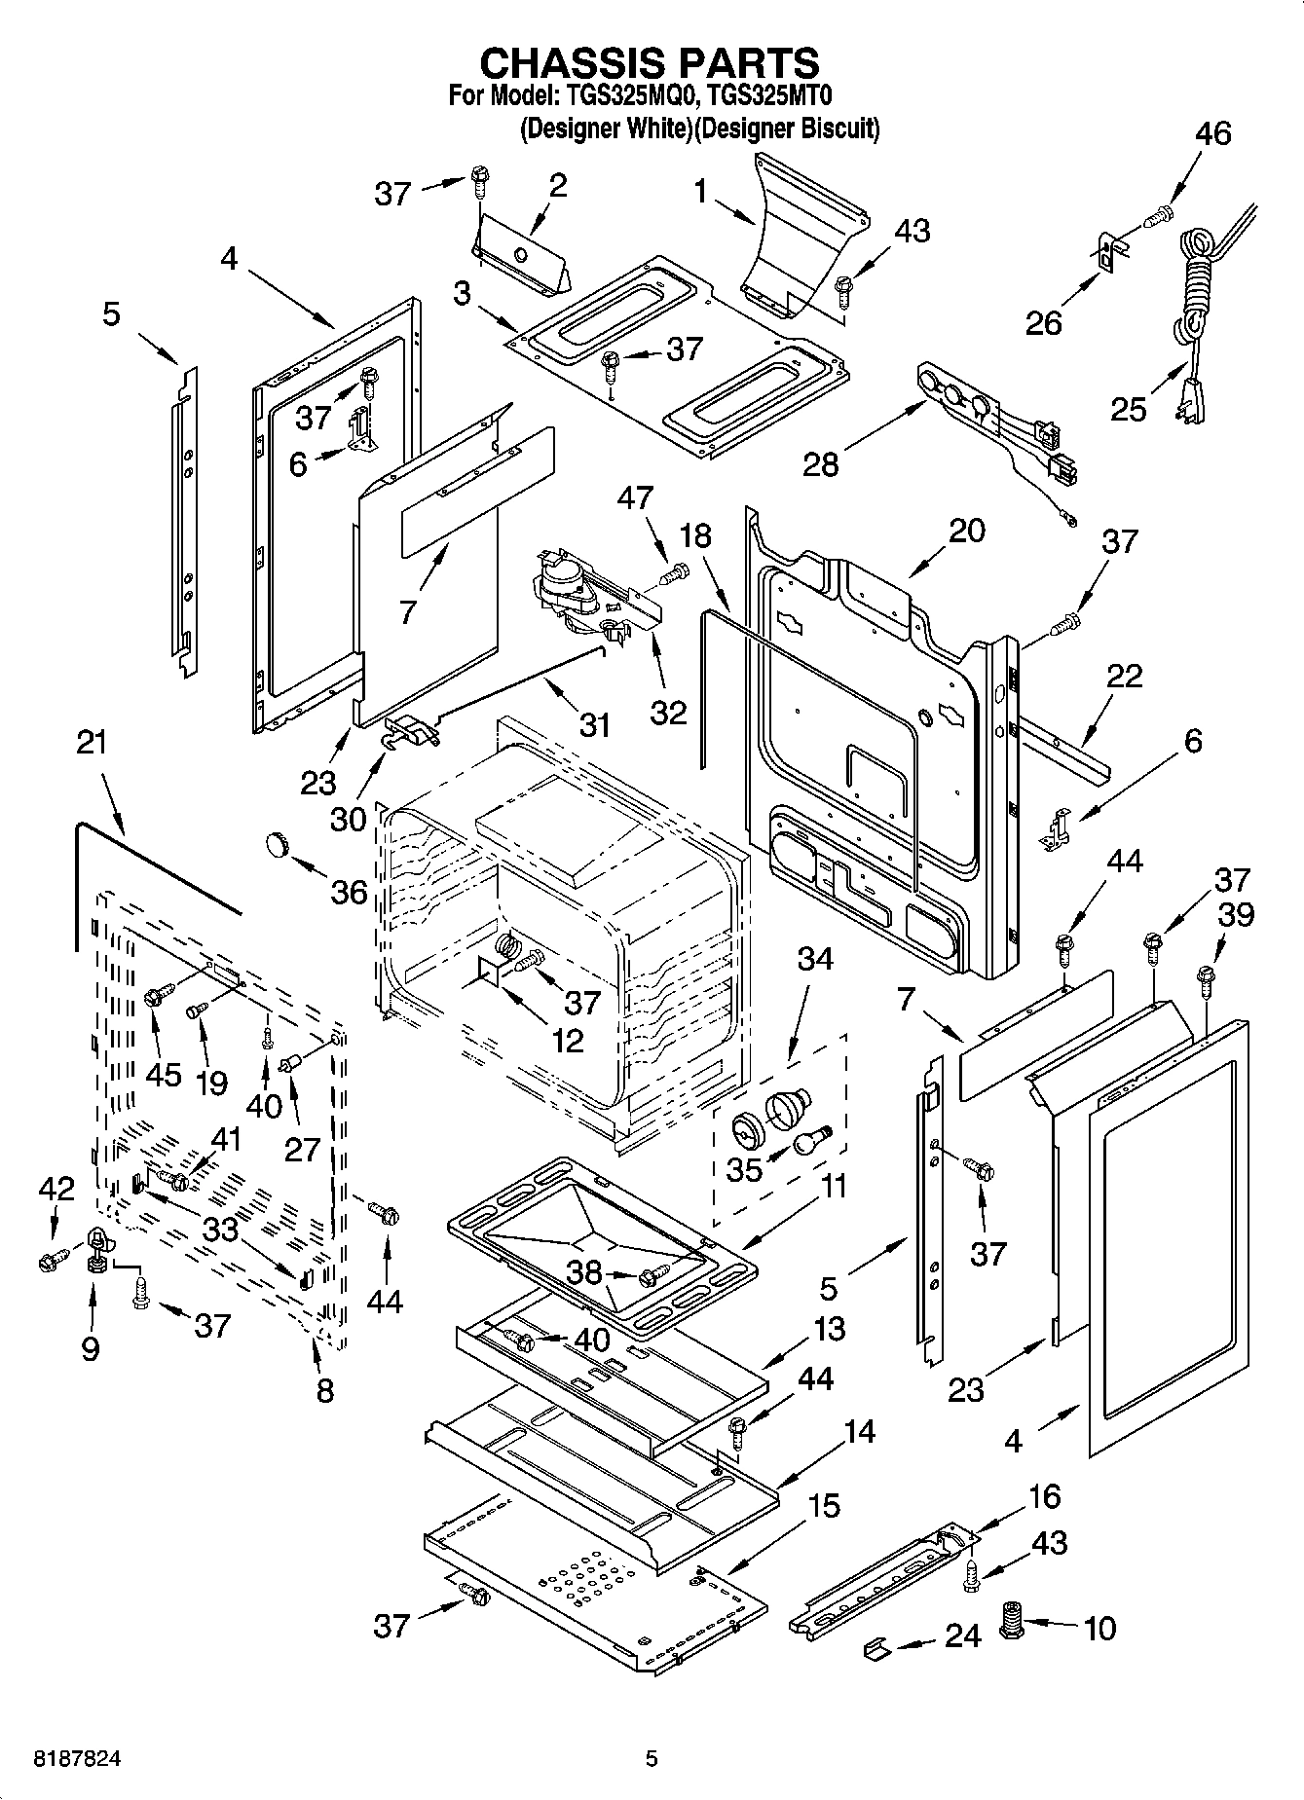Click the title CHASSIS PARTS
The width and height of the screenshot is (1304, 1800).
[651, 63]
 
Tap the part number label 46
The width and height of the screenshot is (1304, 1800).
[1212, 133]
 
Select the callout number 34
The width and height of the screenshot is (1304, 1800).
[815, 958]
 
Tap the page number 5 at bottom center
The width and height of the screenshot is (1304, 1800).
[652, 1758]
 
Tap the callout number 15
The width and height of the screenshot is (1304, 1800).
[823, 1506]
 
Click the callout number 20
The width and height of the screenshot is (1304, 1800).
[966, 531]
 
